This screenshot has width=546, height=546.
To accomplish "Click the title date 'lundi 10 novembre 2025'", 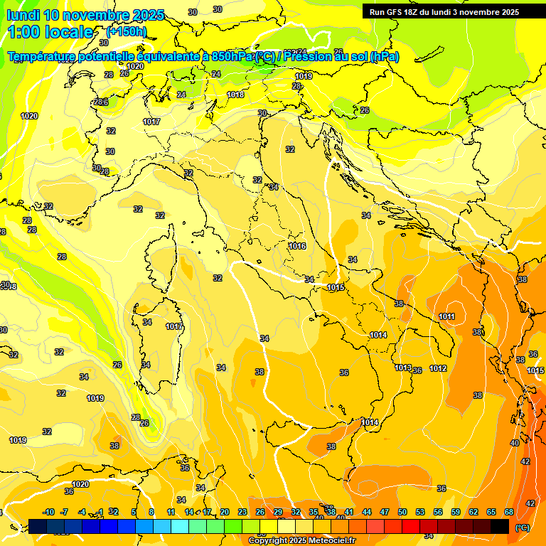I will click(85, 15).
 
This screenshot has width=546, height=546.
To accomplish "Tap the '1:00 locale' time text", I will click(50, 32).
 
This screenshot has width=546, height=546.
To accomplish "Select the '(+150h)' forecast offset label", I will click(126, 31).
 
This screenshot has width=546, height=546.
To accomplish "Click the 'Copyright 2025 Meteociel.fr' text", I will click(301, 541).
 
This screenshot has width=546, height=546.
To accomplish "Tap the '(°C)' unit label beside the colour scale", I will click(522, 528).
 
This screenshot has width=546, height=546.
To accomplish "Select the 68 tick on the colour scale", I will click(509, 512).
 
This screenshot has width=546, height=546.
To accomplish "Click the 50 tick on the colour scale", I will click(402, 512).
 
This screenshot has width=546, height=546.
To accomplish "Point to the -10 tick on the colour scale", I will click(48, 512).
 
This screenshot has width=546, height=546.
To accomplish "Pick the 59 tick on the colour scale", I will click(456, 512).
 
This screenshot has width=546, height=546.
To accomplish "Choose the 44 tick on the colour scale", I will click(367, 512).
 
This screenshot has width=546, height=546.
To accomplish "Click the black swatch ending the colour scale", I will click(500, 526).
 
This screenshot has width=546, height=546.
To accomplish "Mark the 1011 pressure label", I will click(447, 316).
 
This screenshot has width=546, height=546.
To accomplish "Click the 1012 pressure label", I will click(438, 368).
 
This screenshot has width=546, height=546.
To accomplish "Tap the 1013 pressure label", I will click(403, 368).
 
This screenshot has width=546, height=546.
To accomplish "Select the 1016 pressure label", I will click(297, 246).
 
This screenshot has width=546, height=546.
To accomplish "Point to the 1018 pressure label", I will click(236, 95).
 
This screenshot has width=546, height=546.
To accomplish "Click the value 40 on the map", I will click(515, 443).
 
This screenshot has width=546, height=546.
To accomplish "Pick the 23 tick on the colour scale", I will click(242, 512).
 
